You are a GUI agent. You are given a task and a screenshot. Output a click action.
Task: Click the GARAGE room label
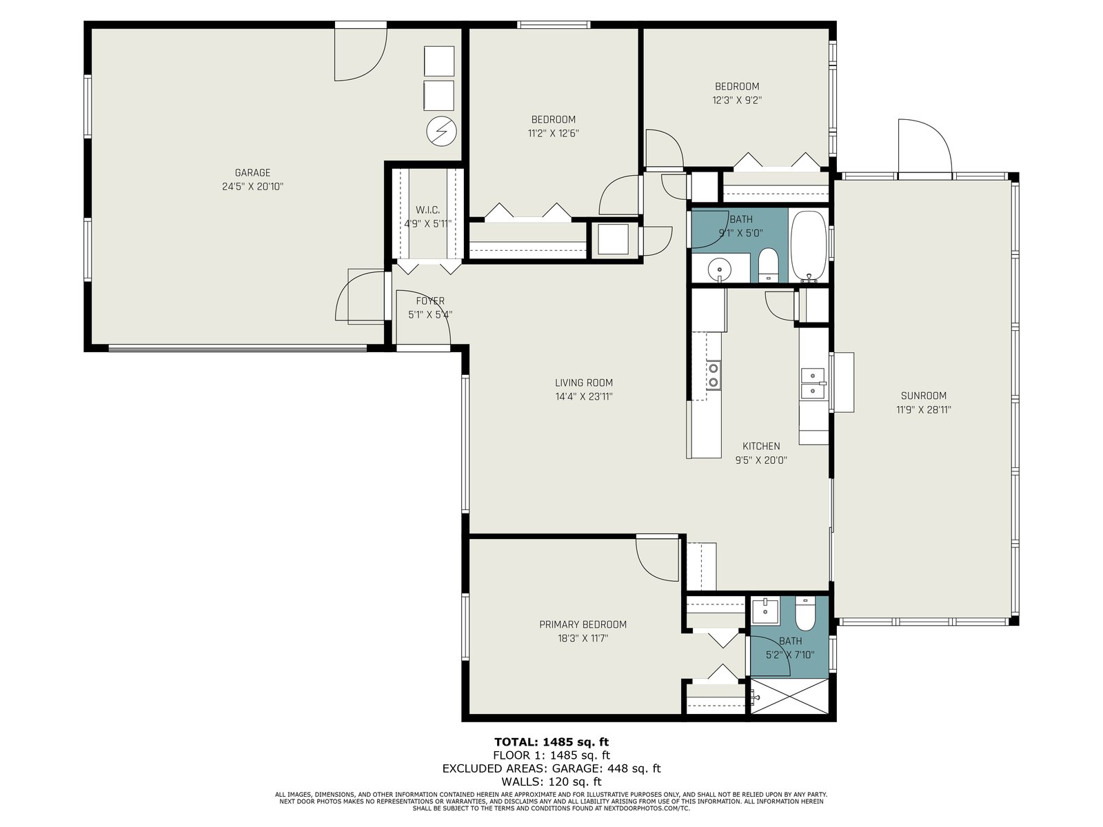pyautogui.click(x=252, y=173)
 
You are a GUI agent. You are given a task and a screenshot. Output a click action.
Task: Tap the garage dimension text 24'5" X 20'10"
pyautogui.click(x=253, y=187)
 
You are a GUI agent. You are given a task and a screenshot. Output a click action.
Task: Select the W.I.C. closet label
pyautogui.click(x=427, y=210)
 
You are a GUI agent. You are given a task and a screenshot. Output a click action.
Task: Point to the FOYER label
pyautogui.click(x=430, y=300)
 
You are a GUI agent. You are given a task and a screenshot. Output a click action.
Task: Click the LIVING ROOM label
pyautogui.click(x=584, y=382)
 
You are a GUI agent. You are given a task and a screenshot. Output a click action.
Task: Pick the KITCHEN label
pyautogui.click(x=761, y=446)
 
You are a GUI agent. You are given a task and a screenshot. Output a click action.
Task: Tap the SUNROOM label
pyautogui.click(x=924, y=395)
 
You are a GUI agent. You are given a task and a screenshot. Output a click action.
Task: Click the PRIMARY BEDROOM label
pyautogui.click(x=583, y=624)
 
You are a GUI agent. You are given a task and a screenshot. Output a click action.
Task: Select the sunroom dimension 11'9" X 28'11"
pyautogui.click(x=924, y=409)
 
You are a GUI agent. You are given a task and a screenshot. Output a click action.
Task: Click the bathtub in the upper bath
pyautogui.click(x=808, y=245)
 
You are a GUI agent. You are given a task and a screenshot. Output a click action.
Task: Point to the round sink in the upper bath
pyautogui.click(x=720, y=269)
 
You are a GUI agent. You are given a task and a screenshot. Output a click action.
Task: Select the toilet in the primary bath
pyautogui.click(x=805, y=613)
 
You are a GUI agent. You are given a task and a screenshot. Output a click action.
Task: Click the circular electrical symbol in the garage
pyautogui.click(x=441, y=132)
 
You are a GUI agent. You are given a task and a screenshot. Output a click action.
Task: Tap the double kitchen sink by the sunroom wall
pyautogui.click(x=813, y=383)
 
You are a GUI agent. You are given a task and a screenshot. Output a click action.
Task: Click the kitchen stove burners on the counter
pyautogui.click(x=713, y=375)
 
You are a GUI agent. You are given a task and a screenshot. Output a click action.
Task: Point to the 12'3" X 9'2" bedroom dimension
pyautogui.click(x=737, y=100)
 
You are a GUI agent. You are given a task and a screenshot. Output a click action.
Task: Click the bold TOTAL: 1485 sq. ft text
pyautogui.click(x=551, y=742)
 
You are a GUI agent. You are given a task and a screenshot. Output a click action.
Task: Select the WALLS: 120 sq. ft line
pyautogui.click(x=551, y=782)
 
